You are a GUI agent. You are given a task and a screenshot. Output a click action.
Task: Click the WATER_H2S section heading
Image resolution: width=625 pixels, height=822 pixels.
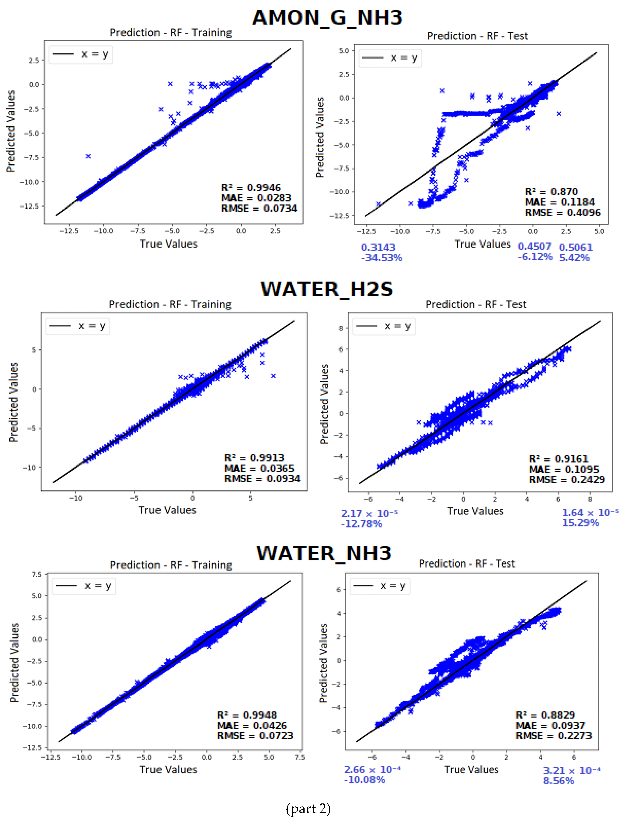click(x=327, y=289)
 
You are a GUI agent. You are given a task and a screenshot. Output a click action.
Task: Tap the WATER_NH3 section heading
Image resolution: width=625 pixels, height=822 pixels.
click(x=324, y=553)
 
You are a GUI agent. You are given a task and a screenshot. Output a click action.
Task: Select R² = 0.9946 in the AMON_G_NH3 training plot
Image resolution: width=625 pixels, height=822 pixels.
click(x=251, y=188)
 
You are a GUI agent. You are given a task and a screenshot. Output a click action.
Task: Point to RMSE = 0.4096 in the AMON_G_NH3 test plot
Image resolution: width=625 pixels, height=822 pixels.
click(x=562, y=213)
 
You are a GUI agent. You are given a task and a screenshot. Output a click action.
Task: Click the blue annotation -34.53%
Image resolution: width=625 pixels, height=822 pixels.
click(x=382, y=257)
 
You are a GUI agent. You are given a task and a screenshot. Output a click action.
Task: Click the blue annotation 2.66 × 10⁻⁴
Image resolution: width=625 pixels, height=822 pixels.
click(x=372, y=770)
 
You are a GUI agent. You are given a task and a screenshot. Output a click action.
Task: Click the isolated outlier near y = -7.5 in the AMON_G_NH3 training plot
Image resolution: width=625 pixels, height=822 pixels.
click(x=88, y=156)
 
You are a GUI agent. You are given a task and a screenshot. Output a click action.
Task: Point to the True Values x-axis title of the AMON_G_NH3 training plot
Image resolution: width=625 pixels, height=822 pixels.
click(x=168, y=244)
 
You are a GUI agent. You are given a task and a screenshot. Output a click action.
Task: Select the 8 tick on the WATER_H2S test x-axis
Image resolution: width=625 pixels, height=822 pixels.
click(x=590, y=499)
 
